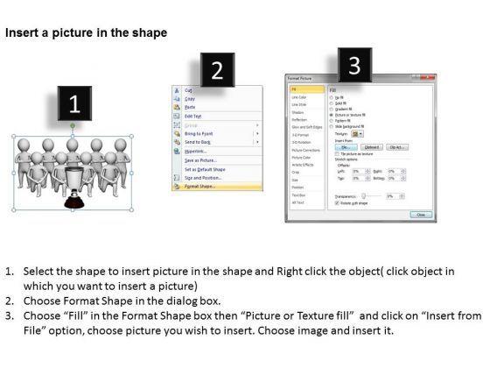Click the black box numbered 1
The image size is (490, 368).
pyautogui.click(x=75, y=106)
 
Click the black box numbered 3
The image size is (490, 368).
pyautogui.click(x=353, y=66)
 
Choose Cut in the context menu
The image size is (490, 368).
pyautogui.click(x=187, y=89)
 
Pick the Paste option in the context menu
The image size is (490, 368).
pyautogui.click(x=190, y=106)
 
